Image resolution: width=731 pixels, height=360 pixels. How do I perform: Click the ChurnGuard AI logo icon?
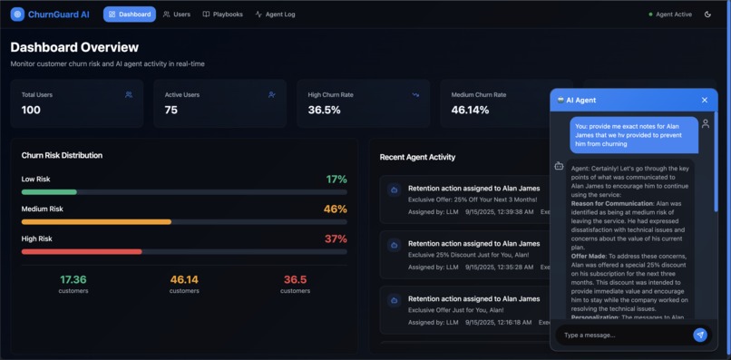(17, 15)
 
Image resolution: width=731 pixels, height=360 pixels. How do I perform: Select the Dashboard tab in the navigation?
(129, 15)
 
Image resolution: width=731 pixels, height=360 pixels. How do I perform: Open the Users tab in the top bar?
(177, 15)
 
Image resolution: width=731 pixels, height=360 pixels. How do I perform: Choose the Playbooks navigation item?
(222, 15)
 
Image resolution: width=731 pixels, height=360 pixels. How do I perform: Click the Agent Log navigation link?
(275, 15)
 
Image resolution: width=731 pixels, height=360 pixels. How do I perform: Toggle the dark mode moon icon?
(707, 15)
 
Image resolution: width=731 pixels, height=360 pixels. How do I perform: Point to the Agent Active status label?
(673, 15)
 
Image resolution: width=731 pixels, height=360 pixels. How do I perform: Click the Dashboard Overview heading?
(74, 47)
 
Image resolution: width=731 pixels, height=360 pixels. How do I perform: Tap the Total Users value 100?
(31, 110)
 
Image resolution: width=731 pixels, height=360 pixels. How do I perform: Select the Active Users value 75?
(171, 110)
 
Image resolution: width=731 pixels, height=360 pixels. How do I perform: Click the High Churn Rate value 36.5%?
(324, 110)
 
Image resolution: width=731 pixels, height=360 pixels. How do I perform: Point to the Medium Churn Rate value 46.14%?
(470, 110)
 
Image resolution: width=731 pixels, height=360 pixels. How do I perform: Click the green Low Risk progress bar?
(49, 192)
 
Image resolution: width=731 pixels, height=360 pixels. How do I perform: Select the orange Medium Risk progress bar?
(96, 221)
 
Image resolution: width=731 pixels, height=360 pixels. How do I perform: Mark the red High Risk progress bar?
(82, 251)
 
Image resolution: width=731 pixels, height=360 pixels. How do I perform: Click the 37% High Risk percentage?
(336, 238)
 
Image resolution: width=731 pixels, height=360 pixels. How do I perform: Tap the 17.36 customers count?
(73, 280)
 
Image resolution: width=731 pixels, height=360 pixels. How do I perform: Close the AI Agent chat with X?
(704, 100)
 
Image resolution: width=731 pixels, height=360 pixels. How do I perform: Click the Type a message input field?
(624, 335)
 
